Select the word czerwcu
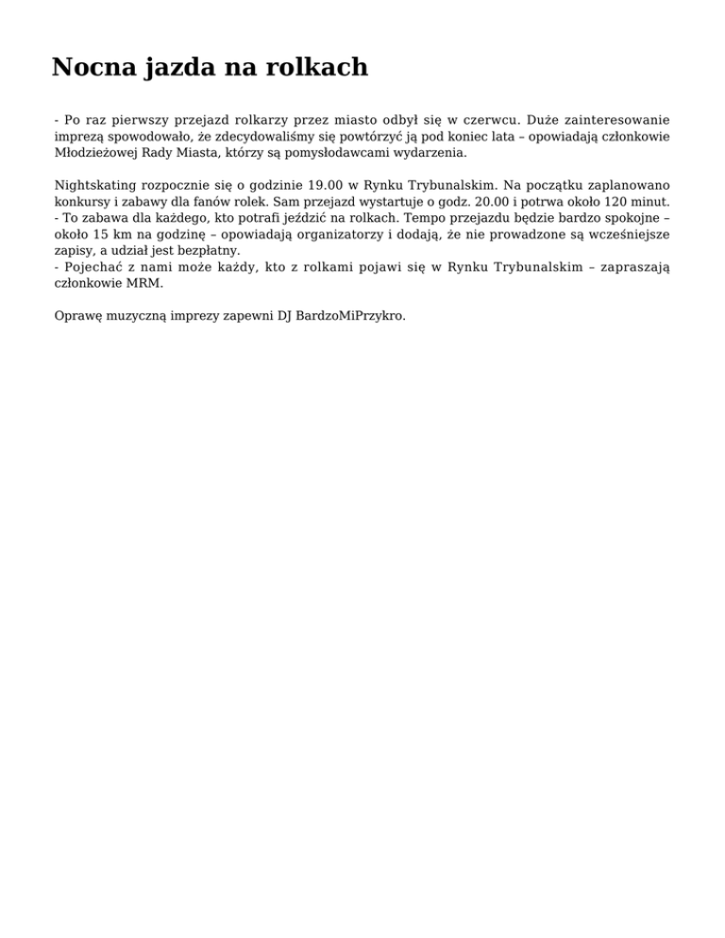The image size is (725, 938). click(x=489, y=120)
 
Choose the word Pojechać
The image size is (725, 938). click(x=96, y=266)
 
